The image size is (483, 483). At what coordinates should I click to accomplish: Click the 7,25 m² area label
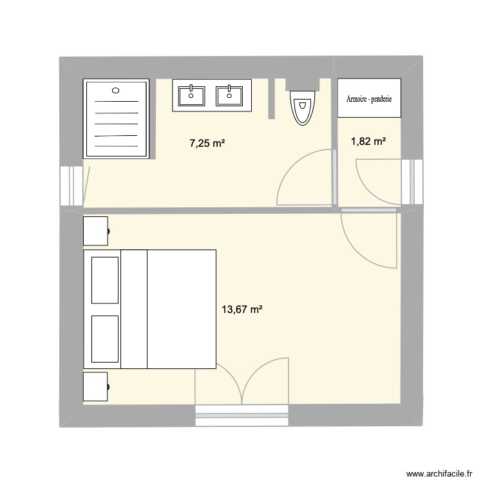[207, 144]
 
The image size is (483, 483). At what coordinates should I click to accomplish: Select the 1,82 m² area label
[368, 141]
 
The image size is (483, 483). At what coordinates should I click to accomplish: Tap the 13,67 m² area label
[242, 310]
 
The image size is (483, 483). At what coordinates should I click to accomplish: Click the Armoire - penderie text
[369, 99]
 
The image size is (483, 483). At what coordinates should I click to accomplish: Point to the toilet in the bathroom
[302, 107]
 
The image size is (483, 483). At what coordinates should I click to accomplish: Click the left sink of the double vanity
[190, 95]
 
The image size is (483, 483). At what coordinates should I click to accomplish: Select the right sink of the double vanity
[227, 95]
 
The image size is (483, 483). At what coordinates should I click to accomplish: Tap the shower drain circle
[117, 91]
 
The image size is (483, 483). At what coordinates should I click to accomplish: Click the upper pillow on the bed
[104, 279]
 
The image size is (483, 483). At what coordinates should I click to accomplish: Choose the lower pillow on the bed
[104, 339]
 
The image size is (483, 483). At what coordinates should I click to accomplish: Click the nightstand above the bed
[95, 231]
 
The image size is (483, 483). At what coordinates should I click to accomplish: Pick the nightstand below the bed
[95, 386]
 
